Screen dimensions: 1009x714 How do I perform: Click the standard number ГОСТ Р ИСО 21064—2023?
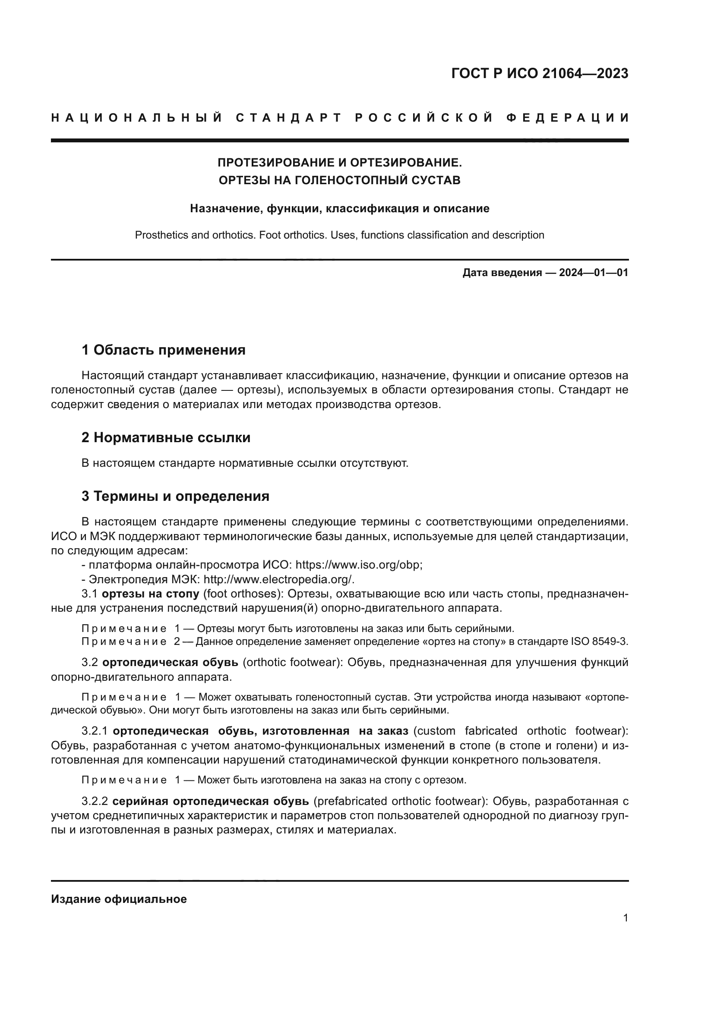coord(540,73)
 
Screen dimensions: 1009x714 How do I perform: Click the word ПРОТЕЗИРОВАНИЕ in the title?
coord(276,163)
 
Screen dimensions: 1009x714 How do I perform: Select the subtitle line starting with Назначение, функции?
coord(339,208)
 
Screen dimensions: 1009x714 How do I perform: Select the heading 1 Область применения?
coord(163,350)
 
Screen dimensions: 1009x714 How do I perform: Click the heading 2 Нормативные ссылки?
coord(166,438)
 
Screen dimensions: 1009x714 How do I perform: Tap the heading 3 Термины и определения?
coord(175,496)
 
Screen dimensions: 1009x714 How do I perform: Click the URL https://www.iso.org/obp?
coord(358,565)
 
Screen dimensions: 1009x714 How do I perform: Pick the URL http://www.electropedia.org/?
coord(279,579)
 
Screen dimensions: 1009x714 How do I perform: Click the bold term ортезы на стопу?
coord(150,594)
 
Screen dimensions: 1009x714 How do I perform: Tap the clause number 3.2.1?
coord(95,731)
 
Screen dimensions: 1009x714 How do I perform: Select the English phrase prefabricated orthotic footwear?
coord(400,801)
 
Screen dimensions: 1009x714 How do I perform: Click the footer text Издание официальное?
coord(119,899)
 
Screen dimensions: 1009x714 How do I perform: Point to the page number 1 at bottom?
coord(625,918)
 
